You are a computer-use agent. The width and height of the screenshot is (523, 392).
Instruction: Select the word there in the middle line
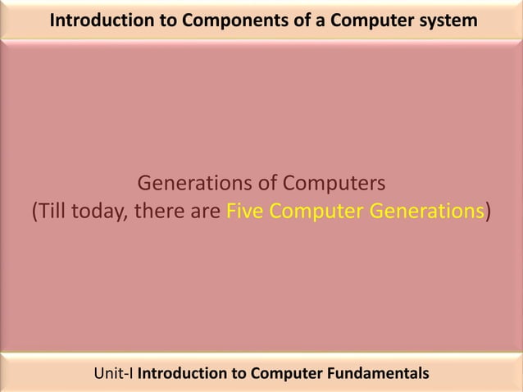156,212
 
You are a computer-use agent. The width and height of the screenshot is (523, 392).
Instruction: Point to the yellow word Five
243,212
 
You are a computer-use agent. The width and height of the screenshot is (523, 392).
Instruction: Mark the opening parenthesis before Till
34,212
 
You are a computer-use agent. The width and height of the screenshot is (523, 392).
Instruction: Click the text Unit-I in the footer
114,374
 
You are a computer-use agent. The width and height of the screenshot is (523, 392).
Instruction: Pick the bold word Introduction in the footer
181,374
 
